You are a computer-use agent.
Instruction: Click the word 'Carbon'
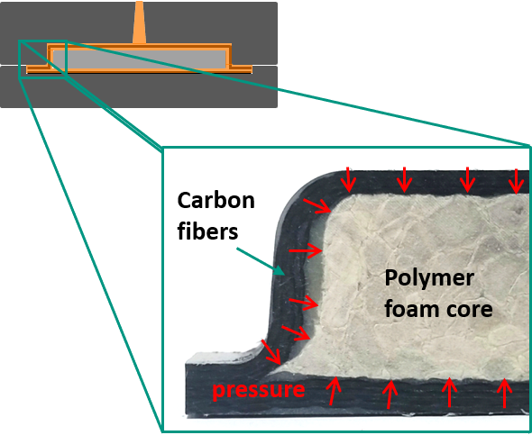coord(216,200)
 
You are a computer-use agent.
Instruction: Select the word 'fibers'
coord(207,231)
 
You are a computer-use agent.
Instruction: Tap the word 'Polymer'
coord(429,279)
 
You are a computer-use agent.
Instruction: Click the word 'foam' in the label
coord(411,309)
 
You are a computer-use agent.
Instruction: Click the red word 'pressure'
coord(259,391)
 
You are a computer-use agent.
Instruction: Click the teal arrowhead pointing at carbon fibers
coord(280,270)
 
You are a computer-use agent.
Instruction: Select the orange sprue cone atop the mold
coord(139,22)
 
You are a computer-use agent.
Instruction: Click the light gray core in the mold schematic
coord(139,59)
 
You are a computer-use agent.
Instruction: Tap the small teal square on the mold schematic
coord(42,59)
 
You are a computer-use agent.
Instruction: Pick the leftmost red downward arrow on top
coord(348,180)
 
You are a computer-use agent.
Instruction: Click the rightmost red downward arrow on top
coord(517,181)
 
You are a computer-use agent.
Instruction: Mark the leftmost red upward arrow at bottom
coord(334,391)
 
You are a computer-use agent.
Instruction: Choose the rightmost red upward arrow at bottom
coord(505,393)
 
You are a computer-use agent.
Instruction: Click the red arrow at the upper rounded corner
coord(317,206)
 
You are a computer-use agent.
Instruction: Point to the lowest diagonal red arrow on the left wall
coord(271,352)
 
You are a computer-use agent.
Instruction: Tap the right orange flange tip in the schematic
coord(250,69)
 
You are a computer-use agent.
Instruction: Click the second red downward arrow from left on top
coord(404,180)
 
